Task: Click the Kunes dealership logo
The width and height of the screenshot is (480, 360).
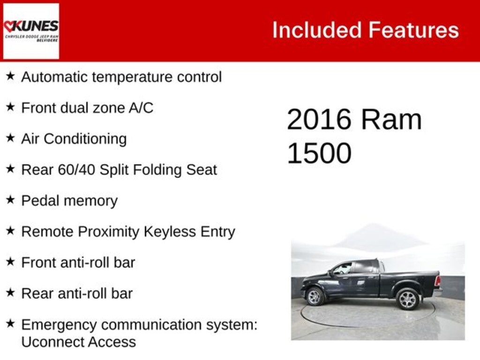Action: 31,31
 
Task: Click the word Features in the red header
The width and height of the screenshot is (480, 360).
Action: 413,30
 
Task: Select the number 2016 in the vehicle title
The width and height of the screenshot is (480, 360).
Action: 319,120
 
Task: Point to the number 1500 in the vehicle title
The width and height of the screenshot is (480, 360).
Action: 319,153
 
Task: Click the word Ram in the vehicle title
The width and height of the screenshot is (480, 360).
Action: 391,120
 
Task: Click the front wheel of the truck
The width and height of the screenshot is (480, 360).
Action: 315,296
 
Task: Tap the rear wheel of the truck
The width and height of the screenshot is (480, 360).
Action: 407,299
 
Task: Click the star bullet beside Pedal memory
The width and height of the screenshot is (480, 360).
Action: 10,200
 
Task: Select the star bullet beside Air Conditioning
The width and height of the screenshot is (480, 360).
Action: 10,138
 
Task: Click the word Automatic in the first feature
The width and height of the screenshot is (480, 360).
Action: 54,77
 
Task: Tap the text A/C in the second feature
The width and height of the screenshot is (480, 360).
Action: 141,108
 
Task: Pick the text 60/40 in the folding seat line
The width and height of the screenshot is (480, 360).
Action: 76,170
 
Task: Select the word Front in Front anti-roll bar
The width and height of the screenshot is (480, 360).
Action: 39,262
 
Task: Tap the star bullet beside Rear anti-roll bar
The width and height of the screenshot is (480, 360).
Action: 10,292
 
